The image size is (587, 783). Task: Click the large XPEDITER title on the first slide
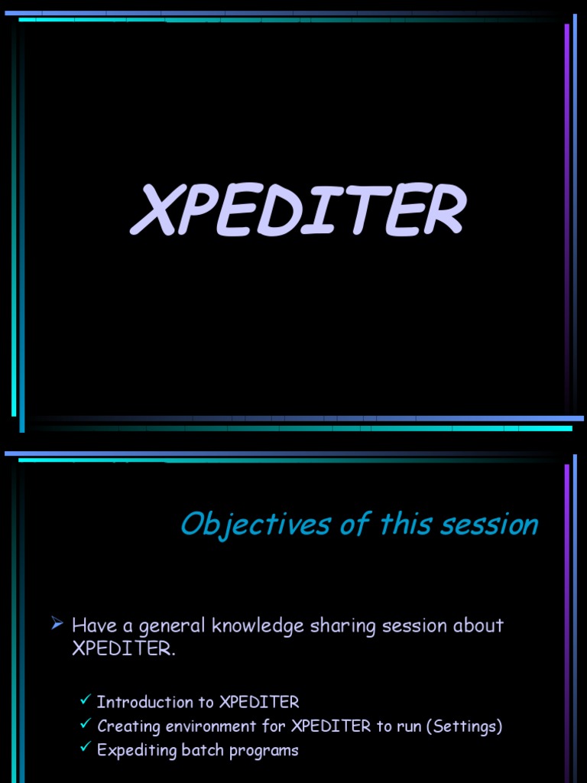tap(298, 211)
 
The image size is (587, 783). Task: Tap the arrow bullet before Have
tap(57, 625)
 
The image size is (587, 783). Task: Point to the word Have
tap(92, 625)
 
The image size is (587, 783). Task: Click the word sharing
tap(336, 626)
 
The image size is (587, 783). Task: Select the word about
tap(478, 625)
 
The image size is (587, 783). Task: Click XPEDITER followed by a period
tap(123, 649)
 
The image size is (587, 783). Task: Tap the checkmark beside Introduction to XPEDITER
tap(86, 700)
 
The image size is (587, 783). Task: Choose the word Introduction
tap(145, 702)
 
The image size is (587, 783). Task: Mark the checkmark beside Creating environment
tap(86, 725)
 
